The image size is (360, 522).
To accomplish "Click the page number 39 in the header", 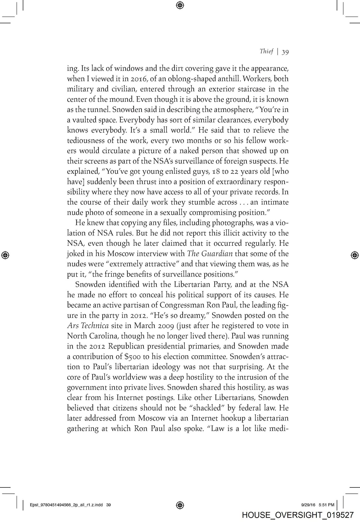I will (285, 52).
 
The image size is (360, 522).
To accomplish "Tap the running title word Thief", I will (266, 51).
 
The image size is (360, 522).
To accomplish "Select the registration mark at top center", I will (180, 5).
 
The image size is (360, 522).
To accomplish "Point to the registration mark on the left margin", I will (6, 255).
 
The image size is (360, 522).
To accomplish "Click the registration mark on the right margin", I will (354, 255).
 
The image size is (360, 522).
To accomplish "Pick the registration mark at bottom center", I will (180, 505).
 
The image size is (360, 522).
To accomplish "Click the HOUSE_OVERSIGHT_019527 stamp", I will (297, 515).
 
